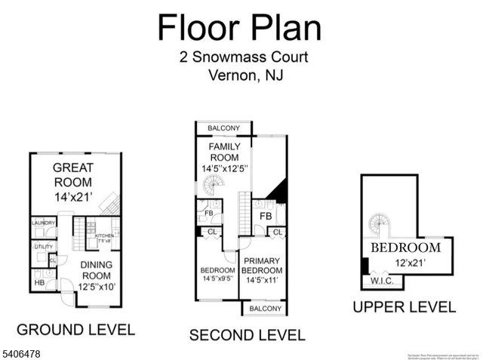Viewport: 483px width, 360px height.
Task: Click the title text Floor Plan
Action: tap(239, 28)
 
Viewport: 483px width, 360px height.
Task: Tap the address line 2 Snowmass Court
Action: tap(244, 57)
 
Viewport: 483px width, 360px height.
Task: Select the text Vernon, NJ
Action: tap(245, 75)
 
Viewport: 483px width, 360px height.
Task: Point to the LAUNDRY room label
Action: tap(42, 223)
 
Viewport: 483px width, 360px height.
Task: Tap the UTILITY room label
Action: tap(42, 246)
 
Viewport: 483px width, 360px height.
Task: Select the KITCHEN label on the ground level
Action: tap(103, 236)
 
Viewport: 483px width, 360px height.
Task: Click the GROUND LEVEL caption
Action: tap(75, 329)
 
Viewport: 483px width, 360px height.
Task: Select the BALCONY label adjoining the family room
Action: tap(223, 128)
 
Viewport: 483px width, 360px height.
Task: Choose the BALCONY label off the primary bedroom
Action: tap(264, 308)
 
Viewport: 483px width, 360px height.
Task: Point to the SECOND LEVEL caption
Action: tap(247, 335)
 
